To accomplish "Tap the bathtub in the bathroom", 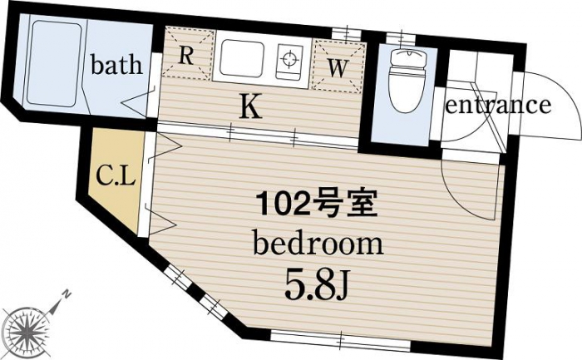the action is point(54,63).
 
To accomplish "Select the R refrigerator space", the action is point(188,54).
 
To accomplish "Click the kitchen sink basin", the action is point(242,59).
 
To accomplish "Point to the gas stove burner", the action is point(289,59).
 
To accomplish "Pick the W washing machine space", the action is point(338,66).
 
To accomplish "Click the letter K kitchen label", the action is point(251,106).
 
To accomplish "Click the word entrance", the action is point(497,105).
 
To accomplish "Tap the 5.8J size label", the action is point(316,288).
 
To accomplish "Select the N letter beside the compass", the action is point(66,294).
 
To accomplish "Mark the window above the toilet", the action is point(400,38).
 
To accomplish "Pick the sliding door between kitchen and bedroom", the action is point(258,134).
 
